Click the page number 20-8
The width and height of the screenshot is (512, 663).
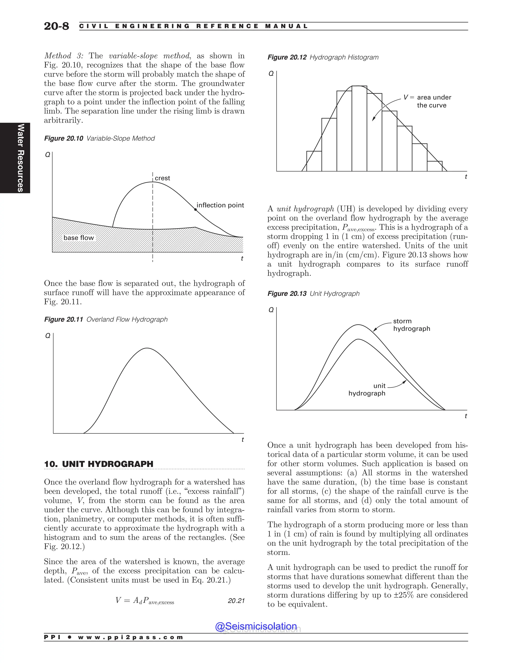(56, 26)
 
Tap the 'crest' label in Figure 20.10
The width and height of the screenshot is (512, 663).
(162, 178)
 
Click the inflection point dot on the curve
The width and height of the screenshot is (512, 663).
(196, 209)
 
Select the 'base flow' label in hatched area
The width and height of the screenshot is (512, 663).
(78, 238)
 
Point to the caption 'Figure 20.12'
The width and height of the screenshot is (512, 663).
(287, 57)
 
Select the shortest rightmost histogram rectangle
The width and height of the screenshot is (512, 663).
(434, 166)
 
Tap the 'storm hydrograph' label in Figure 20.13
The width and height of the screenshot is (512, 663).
(411, 325)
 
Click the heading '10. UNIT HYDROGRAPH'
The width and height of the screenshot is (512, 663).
(98, 464)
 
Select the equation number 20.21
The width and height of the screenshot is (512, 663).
(236, 600)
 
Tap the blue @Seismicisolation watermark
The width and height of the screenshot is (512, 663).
(256, 626)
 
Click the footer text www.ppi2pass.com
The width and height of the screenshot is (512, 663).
(130, 637)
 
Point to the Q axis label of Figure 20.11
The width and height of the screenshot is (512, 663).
(47, 336)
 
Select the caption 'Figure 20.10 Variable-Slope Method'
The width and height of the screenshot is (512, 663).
(99, 138)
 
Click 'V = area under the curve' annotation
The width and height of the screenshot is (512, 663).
(428, 101)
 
